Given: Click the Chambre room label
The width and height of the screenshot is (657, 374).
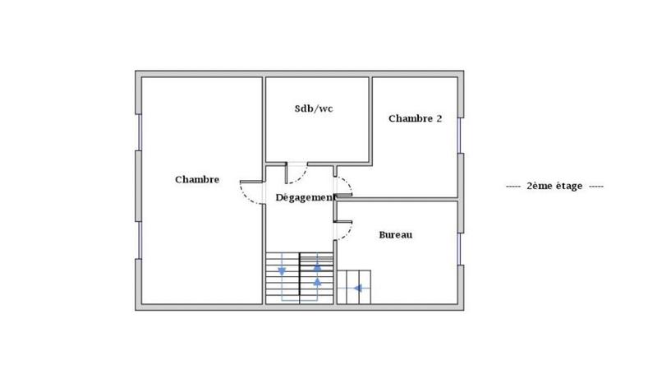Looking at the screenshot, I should tap(197, 180).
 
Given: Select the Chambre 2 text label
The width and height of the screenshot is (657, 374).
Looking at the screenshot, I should tap(415, 118).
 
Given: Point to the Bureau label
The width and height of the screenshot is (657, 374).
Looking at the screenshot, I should tap(395, 235).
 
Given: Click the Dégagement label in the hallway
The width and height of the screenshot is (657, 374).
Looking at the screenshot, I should tap(304, 198).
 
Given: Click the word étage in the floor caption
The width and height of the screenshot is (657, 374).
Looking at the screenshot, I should tap(567, 187).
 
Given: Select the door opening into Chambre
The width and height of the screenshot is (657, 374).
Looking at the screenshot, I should tap(250, 192).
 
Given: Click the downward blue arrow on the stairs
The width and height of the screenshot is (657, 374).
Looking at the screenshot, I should tap(283, 270).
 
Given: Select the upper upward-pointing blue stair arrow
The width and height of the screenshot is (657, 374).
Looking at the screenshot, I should tap(318, 266).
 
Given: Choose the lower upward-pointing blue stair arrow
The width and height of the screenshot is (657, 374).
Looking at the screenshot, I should tap(318, 282).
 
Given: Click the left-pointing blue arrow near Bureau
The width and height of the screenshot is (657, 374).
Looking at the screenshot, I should tap(357, 288).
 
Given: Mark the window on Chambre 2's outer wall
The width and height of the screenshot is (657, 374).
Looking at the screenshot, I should tap(461, 135).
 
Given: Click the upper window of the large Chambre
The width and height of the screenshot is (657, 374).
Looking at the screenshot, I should tap(139, 132).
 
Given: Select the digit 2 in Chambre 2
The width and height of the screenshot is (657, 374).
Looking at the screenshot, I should tap(439, 118).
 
